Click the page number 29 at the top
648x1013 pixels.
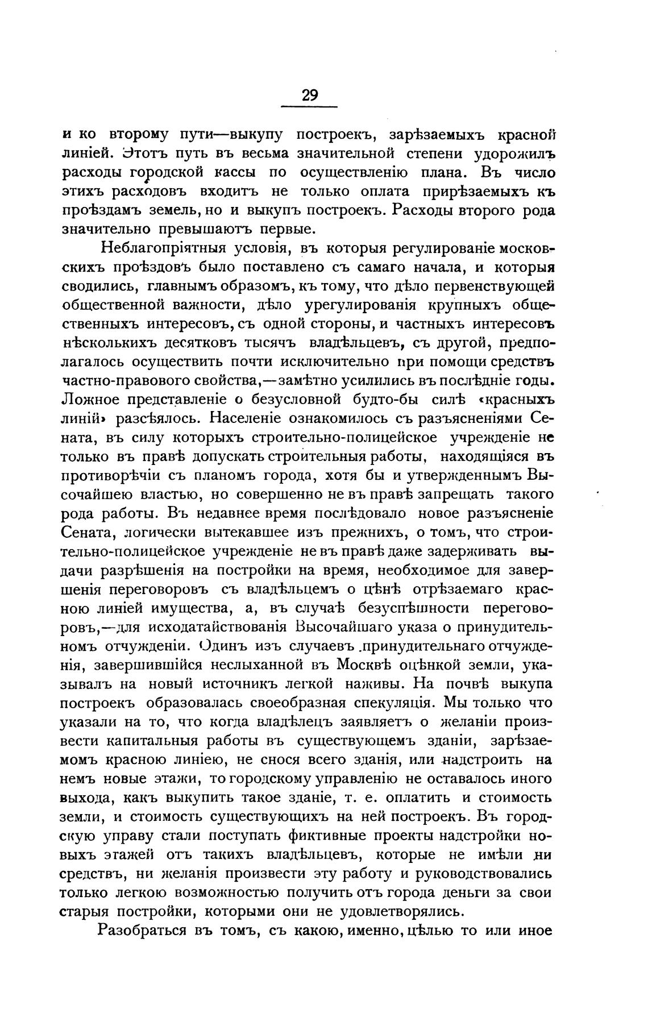pyautogui.click(x=310, y=96)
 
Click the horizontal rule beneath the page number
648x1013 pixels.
pyautogui.click(x=310, y=106)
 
